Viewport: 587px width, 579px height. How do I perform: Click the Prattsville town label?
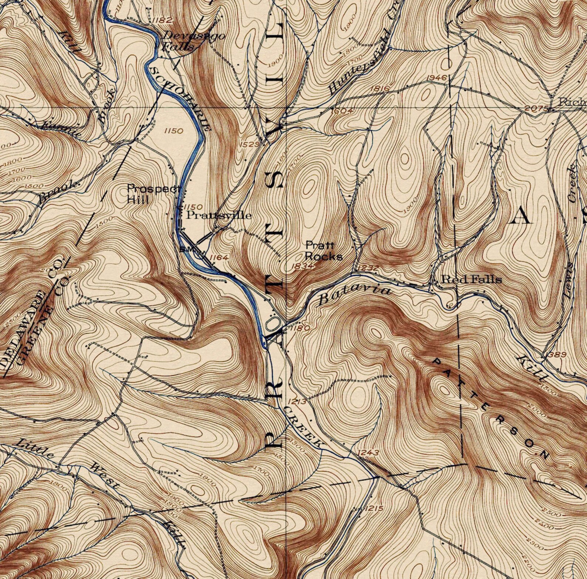click(218, 215)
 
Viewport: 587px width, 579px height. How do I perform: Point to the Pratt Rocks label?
click(323, 251)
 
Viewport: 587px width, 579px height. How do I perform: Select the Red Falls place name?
click(472, 280)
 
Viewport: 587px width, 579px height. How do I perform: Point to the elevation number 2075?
click(535, 108)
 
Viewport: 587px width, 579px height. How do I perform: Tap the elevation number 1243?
click(369, 453)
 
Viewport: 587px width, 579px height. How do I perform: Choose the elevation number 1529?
click(250, 144)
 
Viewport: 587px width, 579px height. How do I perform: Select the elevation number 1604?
click(342, 111)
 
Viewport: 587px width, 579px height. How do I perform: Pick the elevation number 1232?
click(368, 267)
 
